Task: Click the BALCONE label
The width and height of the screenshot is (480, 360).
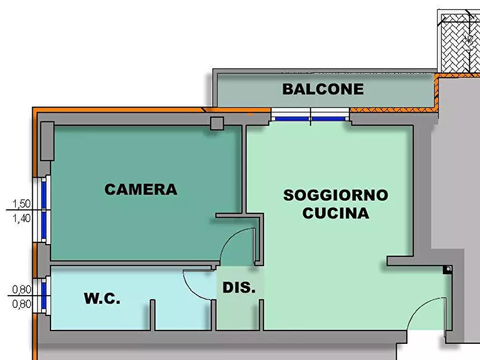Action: point(323,89)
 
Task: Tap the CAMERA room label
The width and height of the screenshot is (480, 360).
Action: point(140,189)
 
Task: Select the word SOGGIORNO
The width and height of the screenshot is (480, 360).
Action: point(335,195)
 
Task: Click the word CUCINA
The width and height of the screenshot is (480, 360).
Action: point(335,213)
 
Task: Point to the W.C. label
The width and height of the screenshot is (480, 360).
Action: point(102,299)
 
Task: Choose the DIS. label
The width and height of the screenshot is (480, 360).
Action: point(239,287)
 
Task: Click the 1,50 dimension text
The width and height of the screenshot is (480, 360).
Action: point(22,204)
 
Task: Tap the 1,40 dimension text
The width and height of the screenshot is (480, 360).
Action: point(22,219)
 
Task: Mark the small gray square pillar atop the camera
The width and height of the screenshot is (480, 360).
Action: point(217,123)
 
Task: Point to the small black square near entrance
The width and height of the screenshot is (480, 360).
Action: point(447,269)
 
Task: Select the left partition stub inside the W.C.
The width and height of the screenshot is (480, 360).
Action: point(152,315)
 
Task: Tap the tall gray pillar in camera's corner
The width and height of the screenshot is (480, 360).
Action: point(47,141)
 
